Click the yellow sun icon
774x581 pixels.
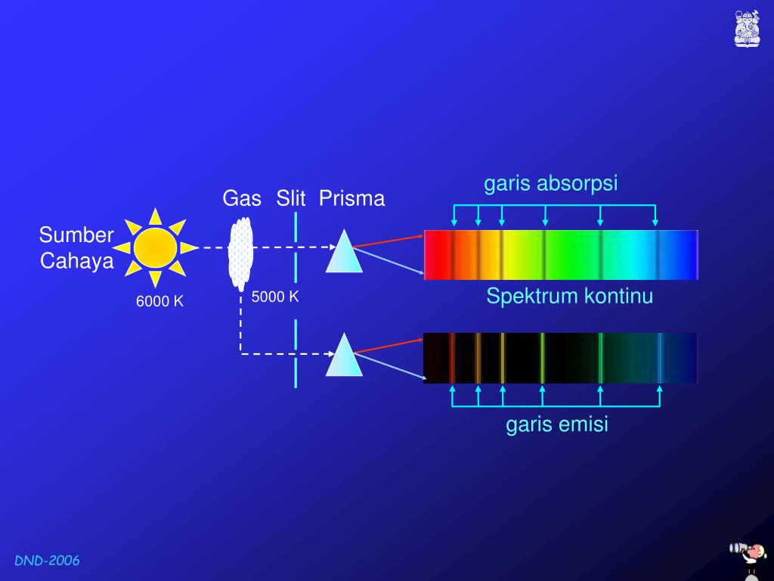click(x=155, y=247)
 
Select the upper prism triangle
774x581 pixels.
click(x=344, y=251)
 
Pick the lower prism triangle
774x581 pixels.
click(x=344, y=355)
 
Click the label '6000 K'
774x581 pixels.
click(x=160, y=301)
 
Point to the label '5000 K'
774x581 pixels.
click(x=275, y=297)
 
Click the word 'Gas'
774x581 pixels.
click(x=242, y=199)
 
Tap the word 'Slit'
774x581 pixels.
click(x=291, y=199)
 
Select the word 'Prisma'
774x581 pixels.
click(x=351, y=199)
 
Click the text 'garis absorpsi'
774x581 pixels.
click(x=551, y=183)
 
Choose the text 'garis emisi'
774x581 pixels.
click(x=557, y=424)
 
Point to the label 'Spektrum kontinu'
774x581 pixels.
click(x=569, y=296)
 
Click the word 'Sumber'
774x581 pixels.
click(x=76, y=235)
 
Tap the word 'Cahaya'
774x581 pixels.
click(x=77, y=261)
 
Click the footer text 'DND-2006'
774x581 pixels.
click(x=47, y=561)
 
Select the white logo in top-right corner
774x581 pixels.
click(x=747, y=29)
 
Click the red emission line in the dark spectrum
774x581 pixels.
click(x=451, y=358)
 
